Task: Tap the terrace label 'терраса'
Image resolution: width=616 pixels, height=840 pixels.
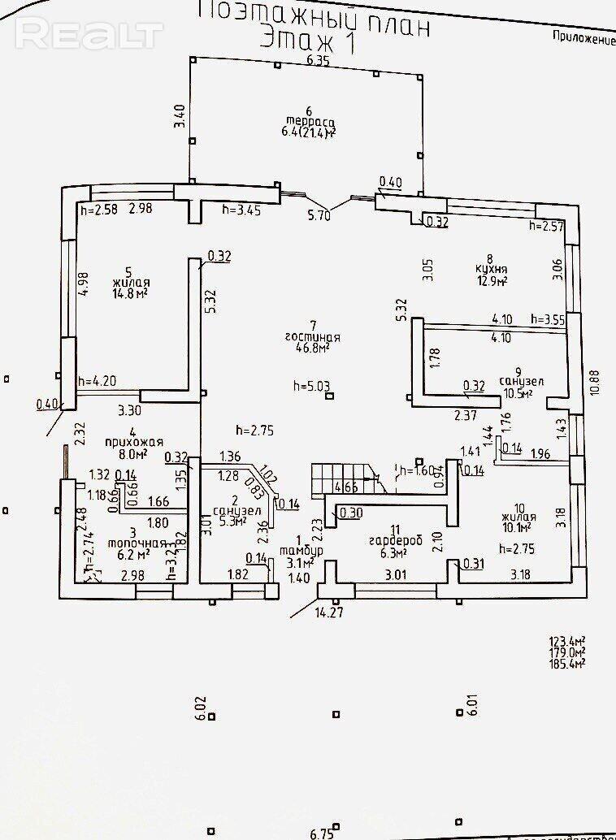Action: [x=308, y=121]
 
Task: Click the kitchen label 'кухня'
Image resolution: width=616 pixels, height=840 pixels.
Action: [x=492, y=270]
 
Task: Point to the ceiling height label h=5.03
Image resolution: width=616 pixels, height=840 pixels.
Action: [x=311, y=387]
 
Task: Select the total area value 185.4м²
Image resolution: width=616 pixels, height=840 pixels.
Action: [x=566, y=663]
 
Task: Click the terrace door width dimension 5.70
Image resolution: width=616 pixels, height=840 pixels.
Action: [x=318, y=216]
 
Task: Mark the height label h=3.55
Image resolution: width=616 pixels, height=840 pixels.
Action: [x=548, y=319]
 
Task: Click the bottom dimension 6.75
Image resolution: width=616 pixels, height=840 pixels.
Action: [x=322, y=834]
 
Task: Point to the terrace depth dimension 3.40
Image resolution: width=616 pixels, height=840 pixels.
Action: [x=180, y=119]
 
